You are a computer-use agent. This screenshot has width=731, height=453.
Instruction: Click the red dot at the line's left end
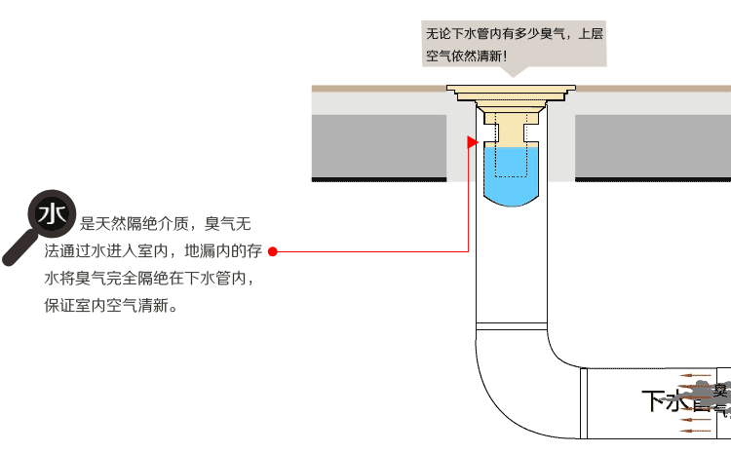273,251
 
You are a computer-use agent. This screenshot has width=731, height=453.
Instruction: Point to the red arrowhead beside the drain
473,142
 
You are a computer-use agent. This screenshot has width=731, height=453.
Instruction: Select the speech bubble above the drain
514,45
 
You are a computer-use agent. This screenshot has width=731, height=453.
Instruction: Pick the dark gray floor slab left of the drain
379,146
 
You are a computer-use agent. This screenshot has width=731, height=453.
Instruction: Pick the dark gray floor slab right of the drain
652,146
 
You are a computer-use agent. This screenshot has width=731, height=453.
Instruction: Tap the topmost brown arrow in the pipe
696,375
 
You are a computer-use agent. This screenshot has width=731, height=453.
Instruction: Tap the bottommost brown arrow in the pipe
696,428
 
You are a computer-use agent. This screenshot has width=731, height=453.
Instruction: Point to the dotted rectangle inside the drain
511,146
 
